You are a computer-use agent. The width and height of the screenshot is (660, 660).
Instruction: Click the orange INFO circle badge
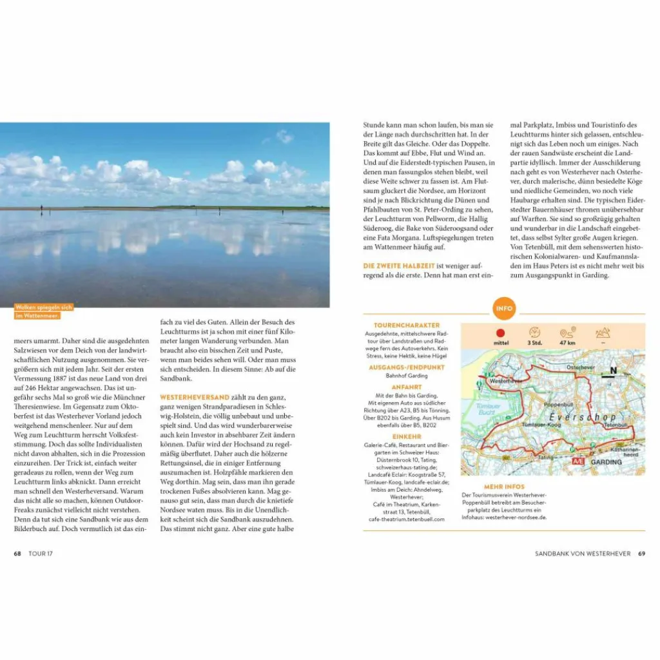pyautogui.click(x=504, y=308)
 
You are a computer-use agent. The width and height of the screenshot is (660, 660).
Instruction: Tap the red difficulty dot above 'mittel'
pyautogui.click(x=500, y=333)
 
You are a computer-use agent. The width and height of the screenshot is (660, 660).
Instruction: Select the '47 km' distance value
pyautogui.click(x=568, y=344)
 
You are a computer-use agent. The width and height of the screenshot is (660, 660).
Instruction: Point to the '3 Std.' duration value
pyautogui.click(x=534, y=344)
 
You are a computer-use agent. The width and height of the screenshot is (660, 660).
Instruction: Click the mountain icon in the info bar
pyautogui.click(x=603, y=333)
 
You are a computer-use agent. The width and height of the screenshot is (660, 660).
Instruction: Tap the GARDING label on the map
pyautogui.click(x=607, y=462)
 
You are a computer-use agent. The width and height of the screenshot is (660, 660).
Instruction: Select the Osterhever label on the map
pyautogui.click(x=580, y=367)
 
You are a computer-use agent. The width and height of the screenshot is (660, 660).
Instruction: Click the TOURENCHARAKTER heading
pyautogui.click(x=407, y=325)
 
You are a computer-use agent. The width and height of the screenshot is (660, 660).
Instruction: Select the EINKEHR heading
pyautogui.click(x=407, y=436)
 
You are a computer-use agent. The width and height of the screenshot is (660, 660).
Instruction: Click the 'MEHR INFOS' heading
pyautogui.click(x=504, y=487)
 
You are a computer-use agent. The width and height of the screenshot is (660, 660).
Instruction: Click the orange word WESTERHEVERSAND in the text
pyautogui.click(x=195, y=397)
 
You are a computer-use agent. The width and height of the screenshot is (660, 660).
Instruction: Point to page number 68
pyautogui.click(x=17, y=554)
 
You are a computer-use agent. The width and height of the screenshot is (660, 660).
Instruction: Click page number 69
pyautogui.click(x=641, y=554)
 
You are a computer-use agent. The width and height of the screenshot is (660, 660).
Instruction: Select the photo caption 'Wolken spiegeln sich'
pyautogui.click(x=44, y=307)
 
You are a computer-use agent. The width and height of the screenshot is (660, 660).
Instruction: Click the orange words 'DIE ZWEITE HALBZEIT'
pyautogui.click(x=400, y=266)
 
